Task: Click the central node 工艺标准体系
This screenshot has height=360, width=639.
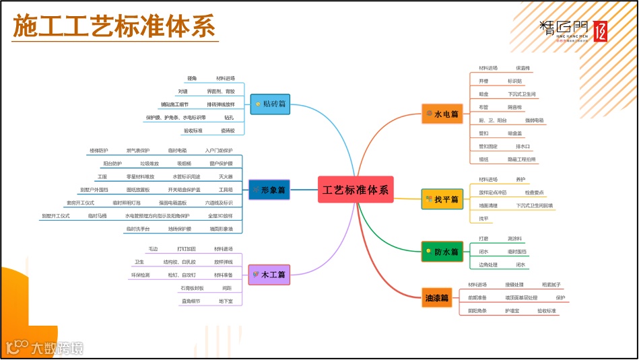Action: tap(356, 190)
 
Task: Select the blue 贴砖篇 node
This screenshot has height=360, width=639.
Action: tap(271, 104)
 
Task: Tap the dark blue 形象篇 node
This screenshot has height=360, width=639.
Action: tap(269, 190)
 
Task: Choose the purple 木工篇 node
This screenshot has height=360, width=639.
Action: tap(269, 275)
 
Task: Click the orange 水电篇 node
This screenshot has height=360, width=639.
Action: tap(442, 114)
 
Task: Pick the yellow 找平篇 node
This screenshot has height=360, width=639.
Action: tap(442, 199)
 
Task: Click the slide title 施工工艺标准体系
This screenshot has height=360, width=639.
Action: tap(114, 26)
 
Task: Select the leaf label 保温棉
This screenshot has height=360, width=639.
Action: tap(523, 68)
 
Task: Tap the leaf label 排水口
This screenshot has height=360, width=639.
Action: tap(523, 146)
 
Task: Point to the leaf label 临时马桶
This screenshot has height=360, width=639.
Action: tap(98, 216)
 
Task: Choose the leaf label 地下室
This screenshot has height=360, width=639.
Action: tap(226, 301)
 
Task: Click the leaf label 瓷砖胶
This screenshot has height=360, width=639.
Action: tap(228, 131)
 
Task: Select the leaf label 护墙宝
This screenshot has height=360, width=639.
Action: tap(512, 311)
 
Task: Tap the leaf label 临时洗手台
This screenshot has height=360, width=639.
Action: tap(138, 229)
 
